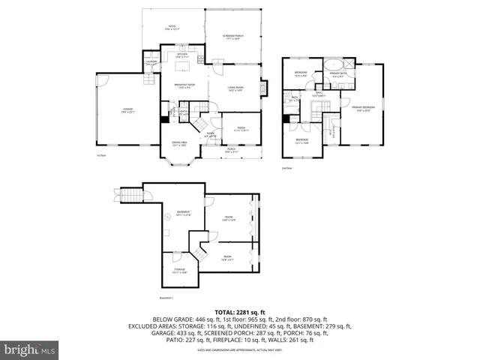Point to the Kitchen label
[181, 55]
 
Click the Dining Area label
[178, 145]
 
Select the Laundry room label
[151, 63]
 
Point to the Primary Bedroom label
[363, 109]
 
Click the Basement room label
[183, 213]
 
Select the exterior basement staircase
[130, 196]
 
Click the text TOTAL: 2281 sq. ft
[239, 311]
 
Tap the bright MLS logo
[29, 349]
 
